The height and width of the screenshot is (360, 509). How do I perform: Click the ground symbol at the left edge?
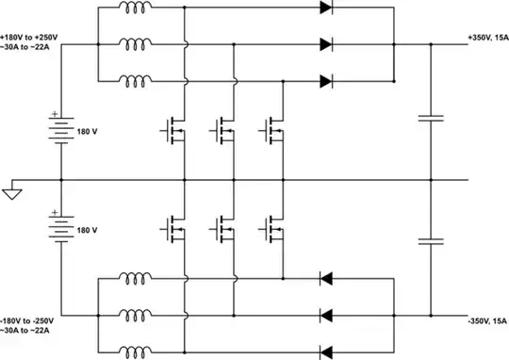tap(11, 194)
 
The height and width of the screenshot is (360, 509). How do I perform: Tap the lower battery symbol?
tap(61, 228)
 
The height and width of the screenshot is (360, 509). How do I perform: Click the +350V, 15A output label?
tap(486, 37)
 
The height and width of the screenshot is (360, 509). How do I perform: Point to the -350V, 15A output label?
tap(486, 320)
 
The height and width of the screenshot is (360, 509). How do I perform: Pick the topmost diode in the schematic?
tap(327, 8)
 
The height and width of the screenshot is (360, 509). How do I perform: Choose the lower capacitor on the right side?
tap(430, 241)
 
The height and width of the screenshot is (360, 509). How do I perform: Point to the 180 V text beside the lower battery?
tap(88, 229)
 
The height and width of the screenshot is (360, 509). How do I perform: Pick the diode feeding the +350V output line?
tap(327, 44)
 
